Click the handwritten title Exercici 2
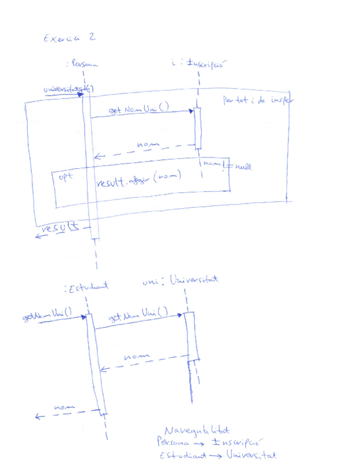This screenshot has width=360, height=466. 68,38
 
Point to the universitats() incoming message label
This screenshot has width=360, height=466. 68,88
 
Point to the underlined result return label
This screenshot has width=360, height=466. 61,226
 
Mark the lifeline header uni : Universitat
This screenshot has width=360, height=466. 180,281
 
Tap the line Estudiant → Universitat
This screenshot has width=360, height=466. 215,456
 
